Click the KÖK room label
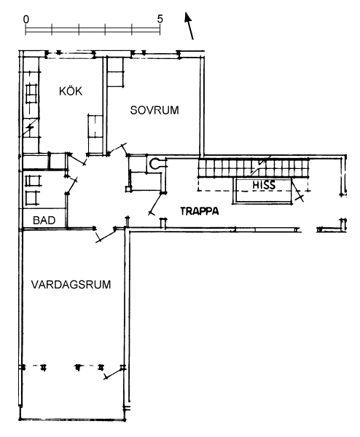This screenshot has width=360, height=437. click(71, 91)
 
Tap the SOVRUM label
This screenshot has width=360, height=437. click(154, 110)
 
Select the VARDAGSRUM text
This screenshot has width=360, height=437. click(71, 285)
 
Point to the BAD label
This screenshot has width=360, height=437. click(44, 220)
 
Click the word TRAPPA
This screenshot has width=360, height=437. click(200, 211)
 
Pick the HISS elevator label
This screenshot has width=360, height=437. click(264, 185)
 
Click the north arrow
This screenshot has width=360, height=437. click(189, 25)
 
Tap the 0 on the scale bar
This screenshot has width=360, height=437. click(26, 19)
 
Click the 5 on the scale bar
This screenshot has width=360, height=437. click(160, 19)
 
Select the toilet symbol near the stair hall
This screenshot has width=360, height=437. click(154, 164)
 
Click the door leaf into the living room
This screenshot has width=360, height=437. click(106, 236)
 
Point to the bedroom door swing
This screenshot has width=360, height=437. click(117, 149)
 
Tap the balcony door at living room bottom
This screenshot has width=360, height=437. click(114, 373)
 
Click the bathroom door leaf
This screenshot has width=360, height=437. click(71, 185)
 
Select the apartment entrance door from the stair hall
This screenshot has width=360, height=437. click(157, 203)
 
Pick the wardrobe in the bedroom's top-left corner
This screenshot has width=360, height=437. click(115, 72)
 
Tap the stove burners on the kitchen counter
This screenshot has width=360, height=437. click(31, 94)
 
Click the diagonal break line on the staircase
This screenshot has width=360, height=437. click(261, 165)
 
